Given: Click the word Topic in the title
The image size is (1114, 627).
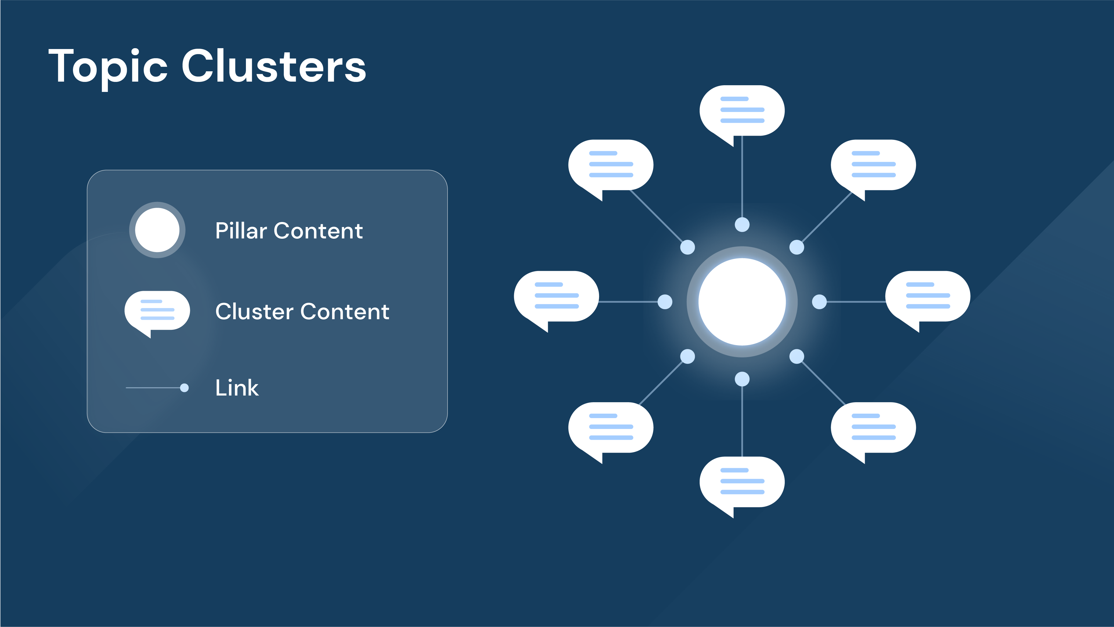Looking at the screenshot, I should [108, 67].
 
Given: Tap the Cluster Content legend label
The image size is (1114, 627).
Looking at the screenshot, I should [302, 311].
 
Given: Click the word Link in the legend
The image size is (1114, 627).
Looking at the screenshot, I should [237, 387].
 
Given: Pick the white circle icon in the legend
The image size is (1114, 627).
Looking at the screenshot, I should [157, 230].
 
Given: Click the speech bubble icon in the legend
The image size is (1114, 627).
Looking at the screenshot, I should [157, 311].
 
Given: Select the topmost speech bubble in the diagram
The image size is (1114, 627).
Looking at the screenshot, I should [742, 111].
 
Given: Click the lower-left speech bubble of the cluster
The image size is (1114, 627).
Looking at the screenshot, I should [611, 427].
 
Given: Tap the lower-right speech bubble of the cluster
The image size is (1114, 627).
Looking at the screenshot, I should [873, 427].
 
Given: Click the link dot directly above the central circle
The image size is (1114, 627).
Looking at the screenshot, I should [742, 225].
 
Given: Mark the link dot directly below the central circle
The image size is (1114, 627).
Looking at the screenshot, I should [742, 379].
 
